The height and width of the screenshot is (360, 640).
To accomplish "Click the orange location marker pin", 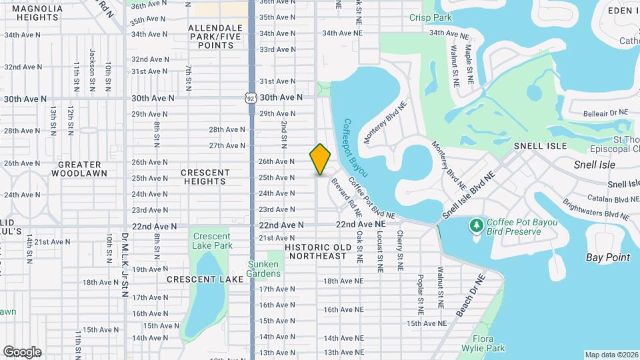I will coord(321,159).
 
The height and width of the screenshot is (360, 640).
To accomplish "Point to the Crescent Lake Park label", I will coord(212,241).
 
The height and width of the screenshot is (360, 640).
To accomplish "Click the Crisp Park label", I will coord(431,18).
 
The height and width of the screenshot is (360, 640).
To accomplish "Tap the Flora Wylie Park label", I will coord(487,343).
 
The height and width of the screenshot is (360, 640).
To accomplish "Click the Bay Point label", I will coord(608,257).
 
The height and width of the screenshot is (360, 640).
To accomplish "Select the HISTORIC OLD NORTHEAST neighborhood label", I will coord(316,251).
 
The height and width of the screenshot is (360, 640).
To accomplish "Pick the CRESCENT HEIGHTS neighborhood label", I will coord(205,177).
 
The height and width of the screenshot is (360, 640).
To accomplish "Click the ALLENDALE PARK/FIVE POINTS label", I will coord(215,37).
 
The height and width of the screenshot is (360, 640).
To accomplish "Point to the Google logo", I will coord(22,351).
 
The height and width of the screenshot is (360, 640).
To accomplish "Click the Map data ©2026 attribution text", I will coord(611,355).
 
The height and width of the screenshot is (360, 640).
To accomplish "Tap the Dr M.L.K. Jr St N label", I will coord(124,264).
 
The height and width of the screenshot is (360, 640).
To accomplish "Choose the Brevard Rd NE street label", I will coord(346,198).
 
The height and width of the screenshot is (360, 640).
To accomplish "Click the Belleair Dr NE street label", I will coord(605,113).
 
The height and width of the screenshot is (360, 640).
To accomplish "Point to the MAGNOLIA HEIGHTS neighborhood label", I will coord(38,13).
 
